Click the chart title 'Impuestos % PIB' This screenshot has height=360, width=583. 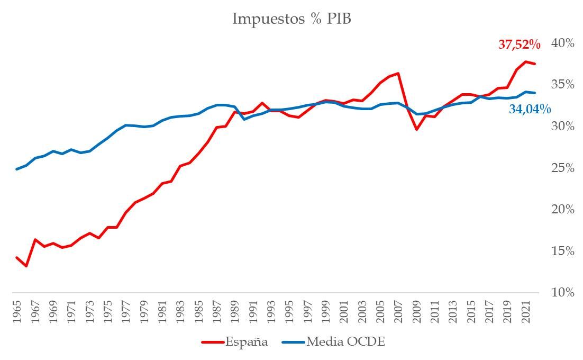pyautogui.click(x=291, y=19)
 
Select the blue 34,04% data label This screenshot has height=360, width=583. pyautogui.click(x=530, y=110)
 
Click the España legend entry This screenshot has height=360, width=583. pyautogui.click(x=235, y=341)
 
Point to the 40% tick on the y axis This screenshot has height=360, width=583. pyautogui.click(x=563, y=43)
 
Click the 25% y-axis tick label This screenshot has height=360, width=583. pyautogui.click(x=563, y=168)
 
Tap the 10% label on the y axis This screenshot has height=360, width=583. pyautogui.click(x=563, y=293)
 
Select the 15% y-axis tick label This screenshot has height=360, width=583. pyautogui.click(x=563, y=251)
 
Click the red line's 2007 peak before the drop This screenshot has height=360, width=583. pyautogui.click(x=398, y=73)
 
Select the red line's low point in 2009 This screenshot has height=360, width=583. pyautogui.click(x=416, y=129)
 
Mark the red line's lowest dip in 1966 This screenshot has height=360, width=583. pyautogui.click(x=26, y=266)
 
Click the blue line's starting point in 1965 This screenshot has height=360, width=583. pyautogui.click(x=17, y=169)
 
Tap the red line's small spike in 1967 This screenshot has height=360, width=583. pyautogui.click(x=35, y=239)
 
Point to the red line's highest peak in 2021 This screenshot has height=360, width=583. pyautogui.click(x=526, y=61)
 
